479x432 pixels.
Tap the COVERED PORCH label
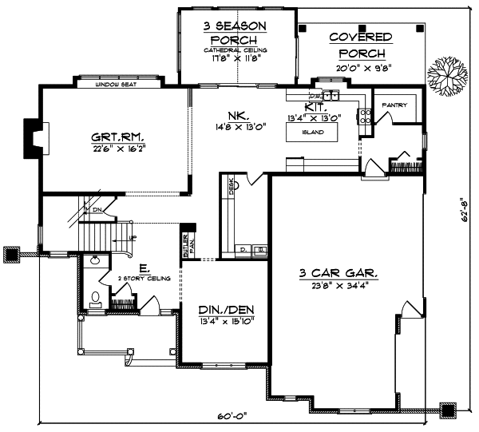coord(360,45)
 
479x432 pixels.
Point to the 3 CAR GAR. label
coord(338,273)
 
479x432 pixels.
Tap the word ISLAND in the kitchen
coord(313,132)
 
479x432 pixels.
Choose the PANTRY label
coord(395,105)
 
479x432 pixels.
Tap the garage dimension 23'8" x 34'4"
coord(339,285)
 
